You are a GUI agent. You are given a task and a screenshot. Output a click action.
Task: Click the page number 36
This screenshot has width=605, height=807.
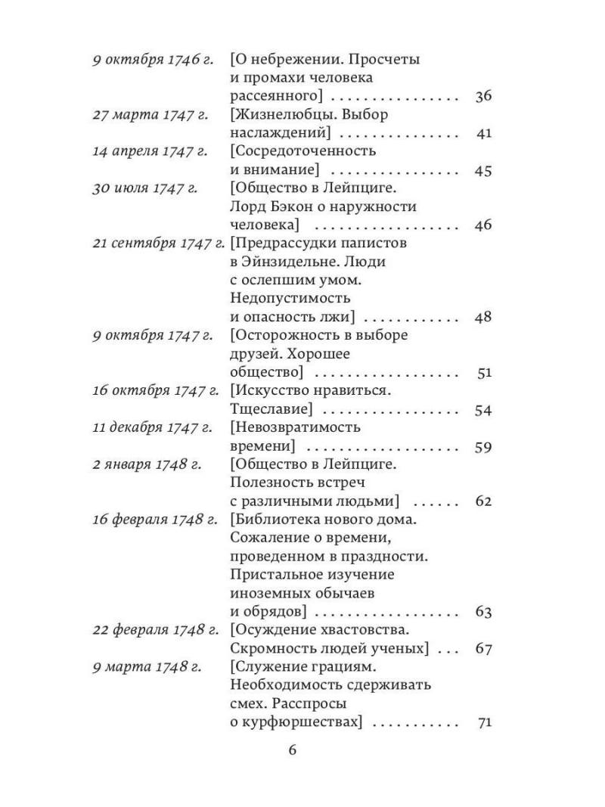point(483,96)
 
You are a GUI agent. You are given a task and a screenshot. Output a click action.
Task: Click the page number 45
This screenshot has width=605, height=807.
point(483,170)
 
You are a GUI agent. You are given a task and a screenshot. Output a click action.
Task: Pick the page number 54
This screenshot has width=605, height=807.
point(483,410)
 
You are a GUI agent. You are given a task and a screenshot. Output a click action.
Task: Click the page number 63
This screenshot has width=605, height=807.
point(483,612)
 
